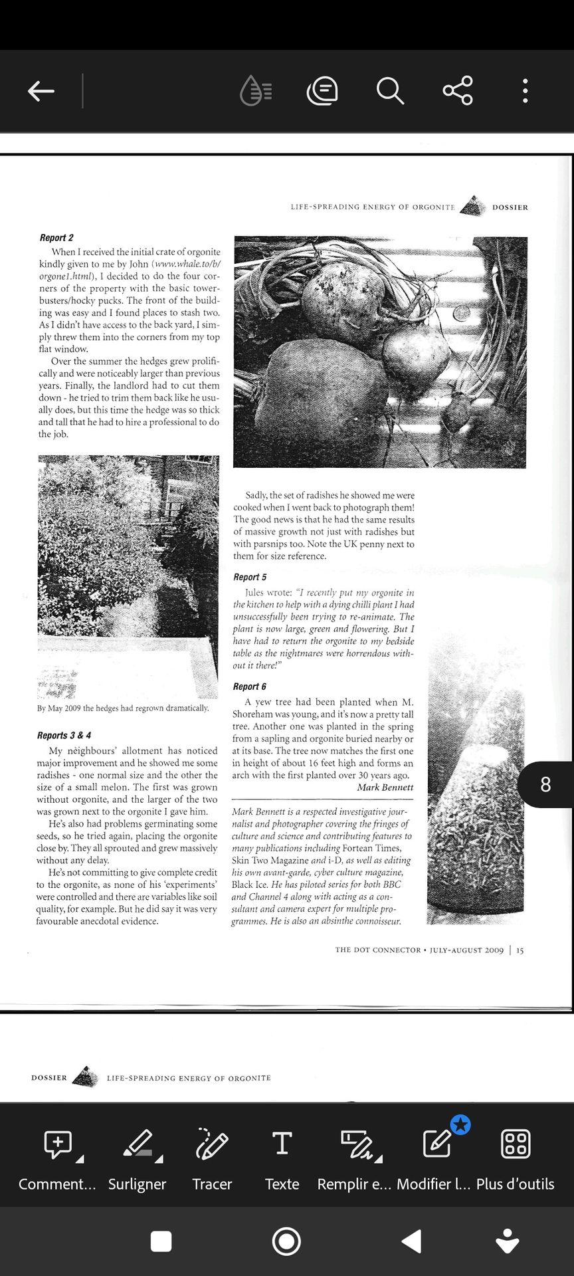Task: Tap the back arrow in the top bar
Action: [x=41, y=91]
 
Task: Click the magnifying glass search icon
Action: [x=390, y=91]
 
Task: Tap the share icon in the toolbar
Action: [x=458, y=91]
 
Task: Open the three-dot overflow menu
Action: [x=525, y=91]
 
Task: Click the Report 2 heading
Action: [x=56, y=238]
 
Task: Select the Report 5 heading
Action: [x=250, y=578]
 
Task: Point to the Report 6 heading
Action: [x=249, y=687]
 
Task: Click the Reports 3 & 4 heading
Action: [x=64, y=736]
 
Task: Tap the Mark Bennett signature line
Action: [x=385, y=788]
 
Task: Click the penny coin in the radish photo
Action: [x=462, y=312]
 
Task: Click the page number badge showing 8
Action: [x=545, y=785]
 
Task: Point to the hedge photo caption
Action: [x=123, y=708]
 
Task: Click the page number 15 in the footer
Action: [x=520, y=950]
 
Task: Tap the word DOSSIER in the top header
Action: [x=510, y=207]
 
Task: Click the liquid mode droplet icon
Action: [x=255, y=91]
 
